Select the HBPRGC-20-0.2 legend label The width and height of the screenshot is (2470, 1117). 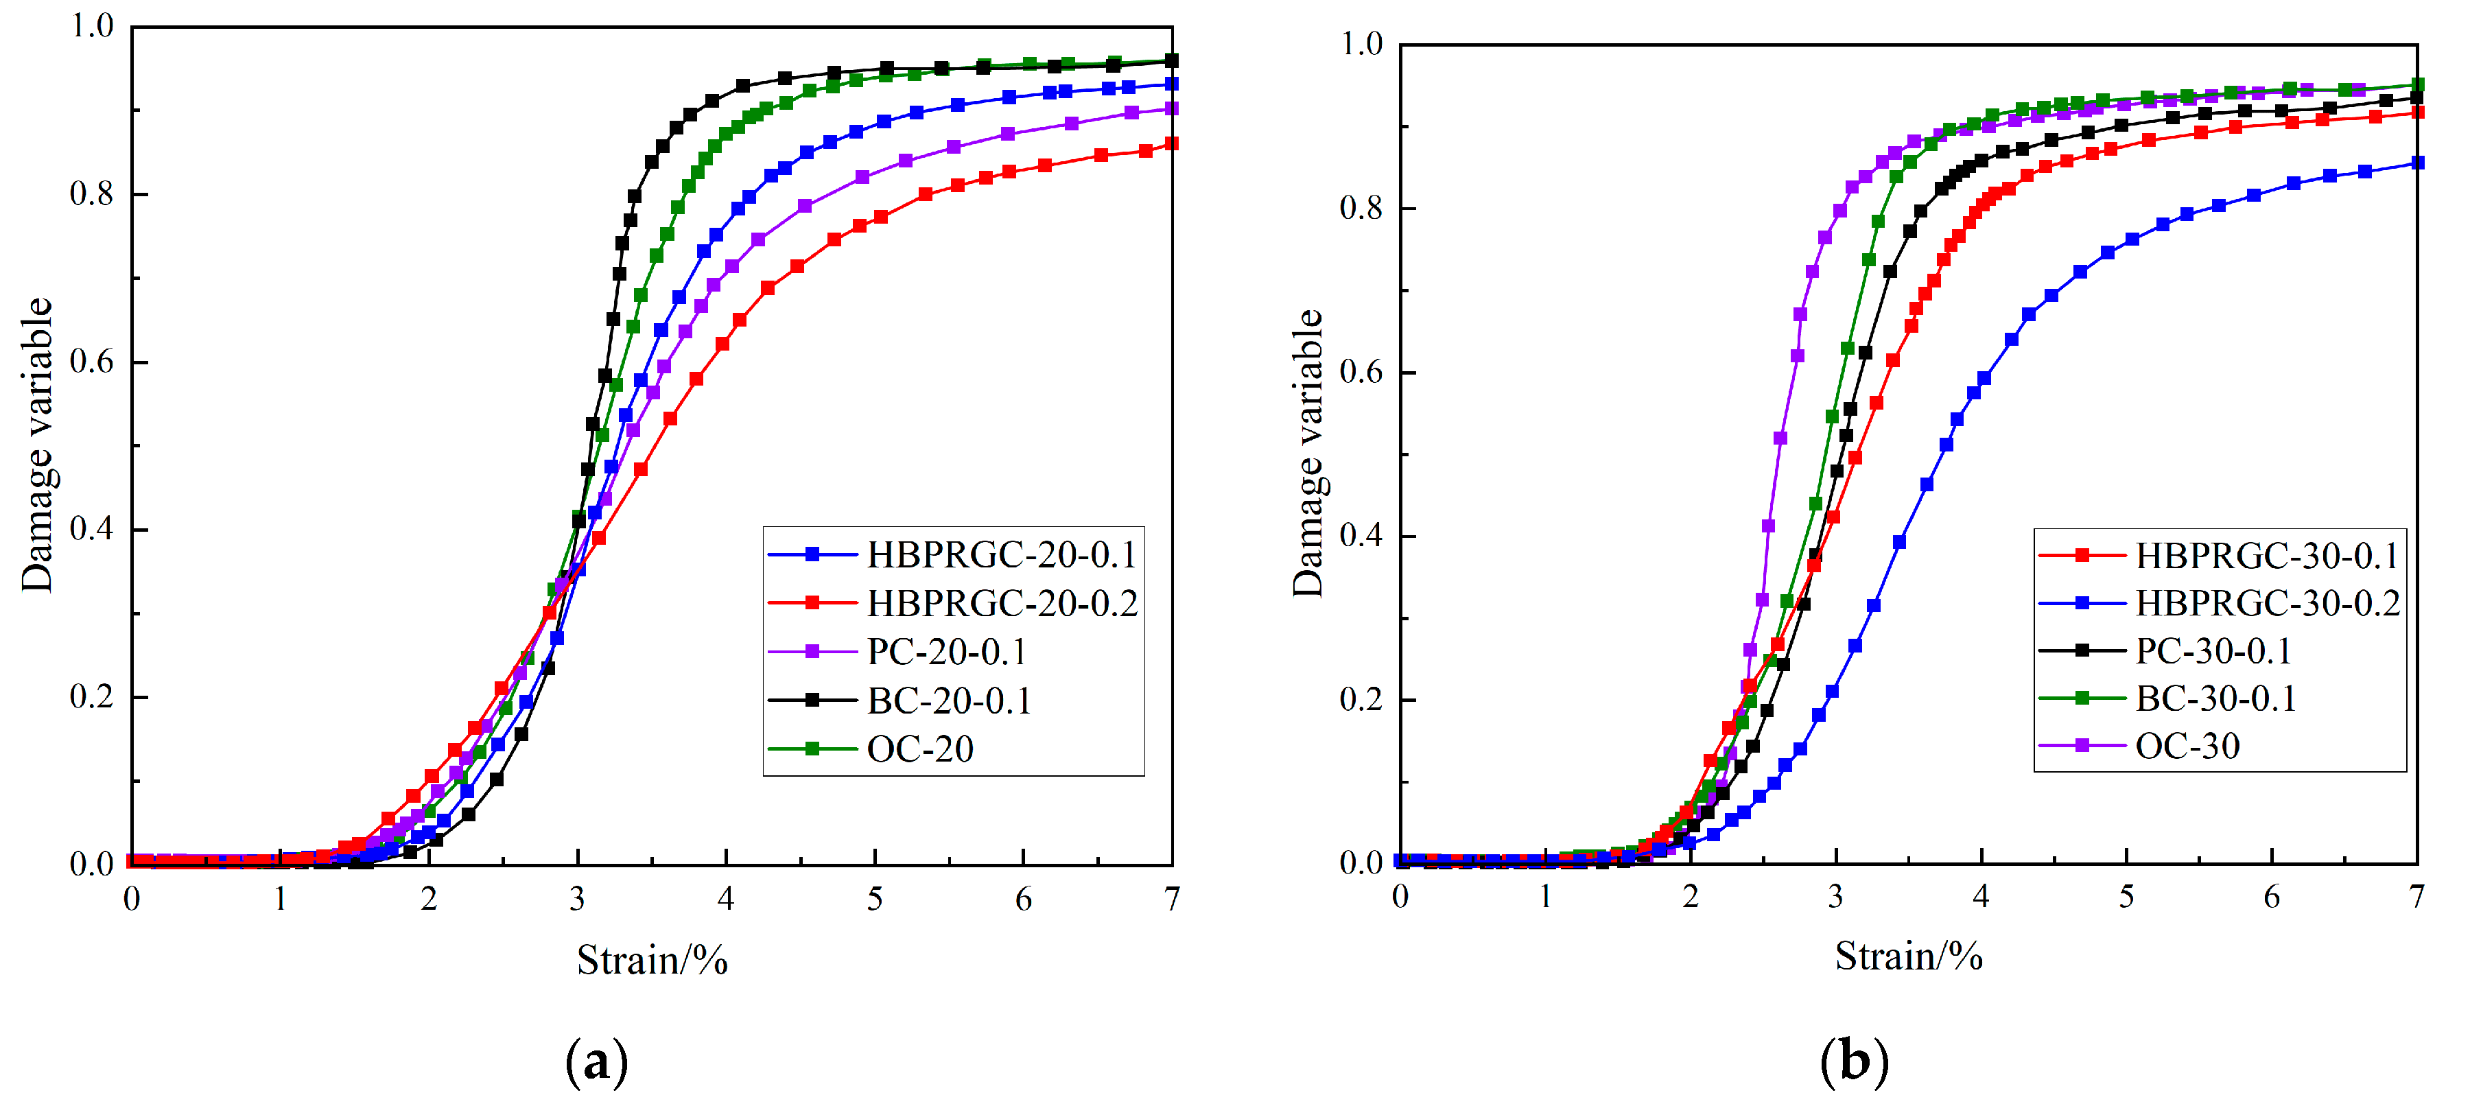click(1001, 603)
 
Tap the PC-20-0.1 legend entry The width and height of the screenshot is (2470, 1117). click(946, 652)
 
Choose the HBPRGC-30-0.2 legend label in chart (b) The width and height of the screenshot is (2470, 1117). click(2268, 603)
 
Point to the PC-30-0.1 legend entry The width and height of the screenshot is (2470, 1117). click(2212, 651)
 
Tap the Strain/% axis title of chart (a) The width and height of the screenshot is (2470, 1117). click(652, 960)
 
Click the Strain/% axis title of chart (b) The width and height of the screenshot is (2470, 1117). click(1908, 956)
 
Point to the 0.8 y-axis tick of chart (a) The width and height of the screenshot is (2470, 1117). click(92, 193)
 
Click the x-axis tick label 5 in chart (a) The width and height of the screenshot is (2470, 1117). click(875, 900)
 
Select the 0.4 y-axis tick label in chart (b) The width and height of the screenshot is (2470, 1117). click(1361, 535)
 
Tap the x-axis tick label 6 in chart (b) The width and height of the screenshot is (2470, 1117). click(2272, 897)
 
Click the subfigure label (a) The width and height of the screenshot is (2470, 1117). click(596, 1062)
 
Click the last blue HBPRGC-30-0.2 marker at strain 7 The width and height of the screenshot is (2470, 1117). click(2417, 163)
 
